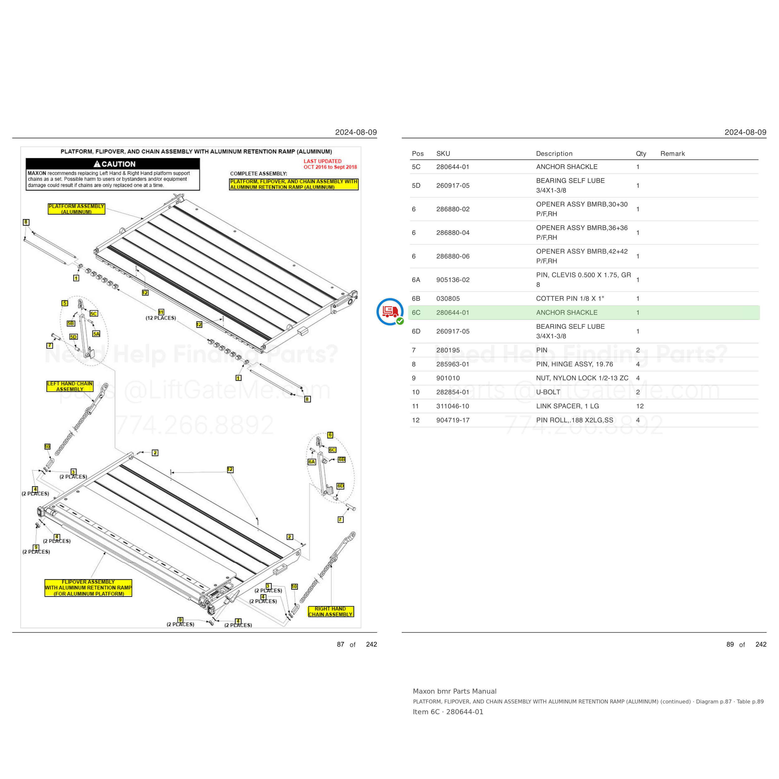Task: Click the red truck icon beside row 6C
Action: pyautogui.click(x=390, y=312)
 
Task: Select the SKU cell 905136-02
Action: pyautogui.click(x=453, y=280)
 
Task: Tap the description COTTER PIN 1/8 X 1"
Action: pyautogui.click(x=570, y=299)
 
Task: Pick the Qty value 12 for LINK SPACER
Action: pyautogui.click(x=640, y=406)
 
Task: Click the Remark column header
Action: pyautogui.click(x=672, y=154)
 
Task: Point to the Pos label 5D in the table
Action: pyautogui.click(x=416, y=185)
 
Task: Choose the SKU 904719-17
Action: pyautogui.click(x=453, y=420)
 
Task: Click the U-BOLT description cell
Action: pyautogui.click(x=548, y=392)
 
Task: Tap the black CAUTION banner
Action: pyautogui.click(x=113, y=164)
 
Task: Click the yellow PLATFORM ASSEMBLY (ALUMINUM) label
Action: pyautogui.click(x=76, y=209)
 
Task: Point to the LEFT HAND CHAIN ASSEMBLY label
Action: pyautogui.click(x=70, y=386)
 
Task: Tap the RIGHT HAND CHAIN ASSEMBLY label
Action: pyautogui.click(x=331, y=612)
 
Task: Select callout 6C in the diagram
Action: pyautogui.click(x=332, y=450)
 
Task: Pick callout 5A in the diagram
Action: pyautogui.click(x=96, y=334)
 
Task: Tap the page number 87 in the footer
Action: pyautogui.click(x=341, y=644)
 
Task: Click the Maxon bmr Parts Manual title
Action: pyautogui.click(x=454, y=691)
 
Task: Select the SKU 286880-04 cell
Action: pyautogui.click(x=453, y=233)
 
